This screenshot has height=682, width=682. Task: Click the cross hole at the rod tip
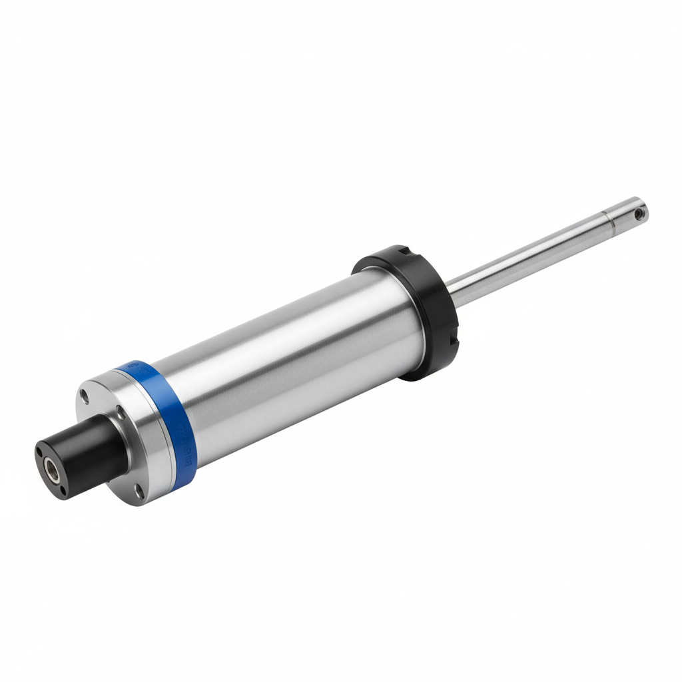(639, 214)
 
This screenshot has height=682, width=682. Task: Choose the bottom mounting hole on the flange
(138, 492)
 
